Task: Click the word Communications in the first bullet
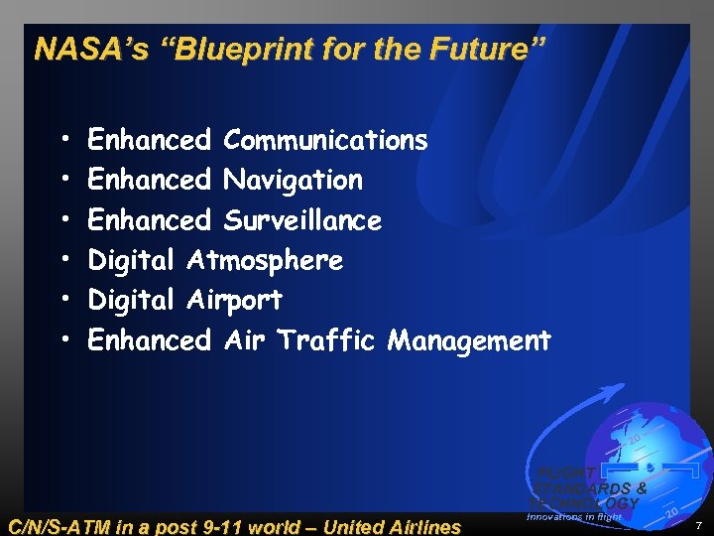click(325, 140)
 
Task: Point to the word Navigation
click(293, 180)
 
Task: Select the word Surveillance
click(302, 219)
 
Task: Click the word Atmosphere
click(264, 260)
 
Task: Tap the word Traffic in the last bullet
click(327, 340)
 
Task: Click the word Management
click(469, 340)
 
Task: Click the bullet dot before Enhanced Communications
click(63, 141)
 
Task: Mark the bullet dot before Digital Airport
click(63, 301)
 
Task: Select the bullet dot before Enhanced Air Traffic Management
click(63, 341)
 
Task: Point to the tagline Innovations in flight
click(574, 516)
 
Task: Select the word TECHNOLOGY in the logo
click(585, 503)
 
